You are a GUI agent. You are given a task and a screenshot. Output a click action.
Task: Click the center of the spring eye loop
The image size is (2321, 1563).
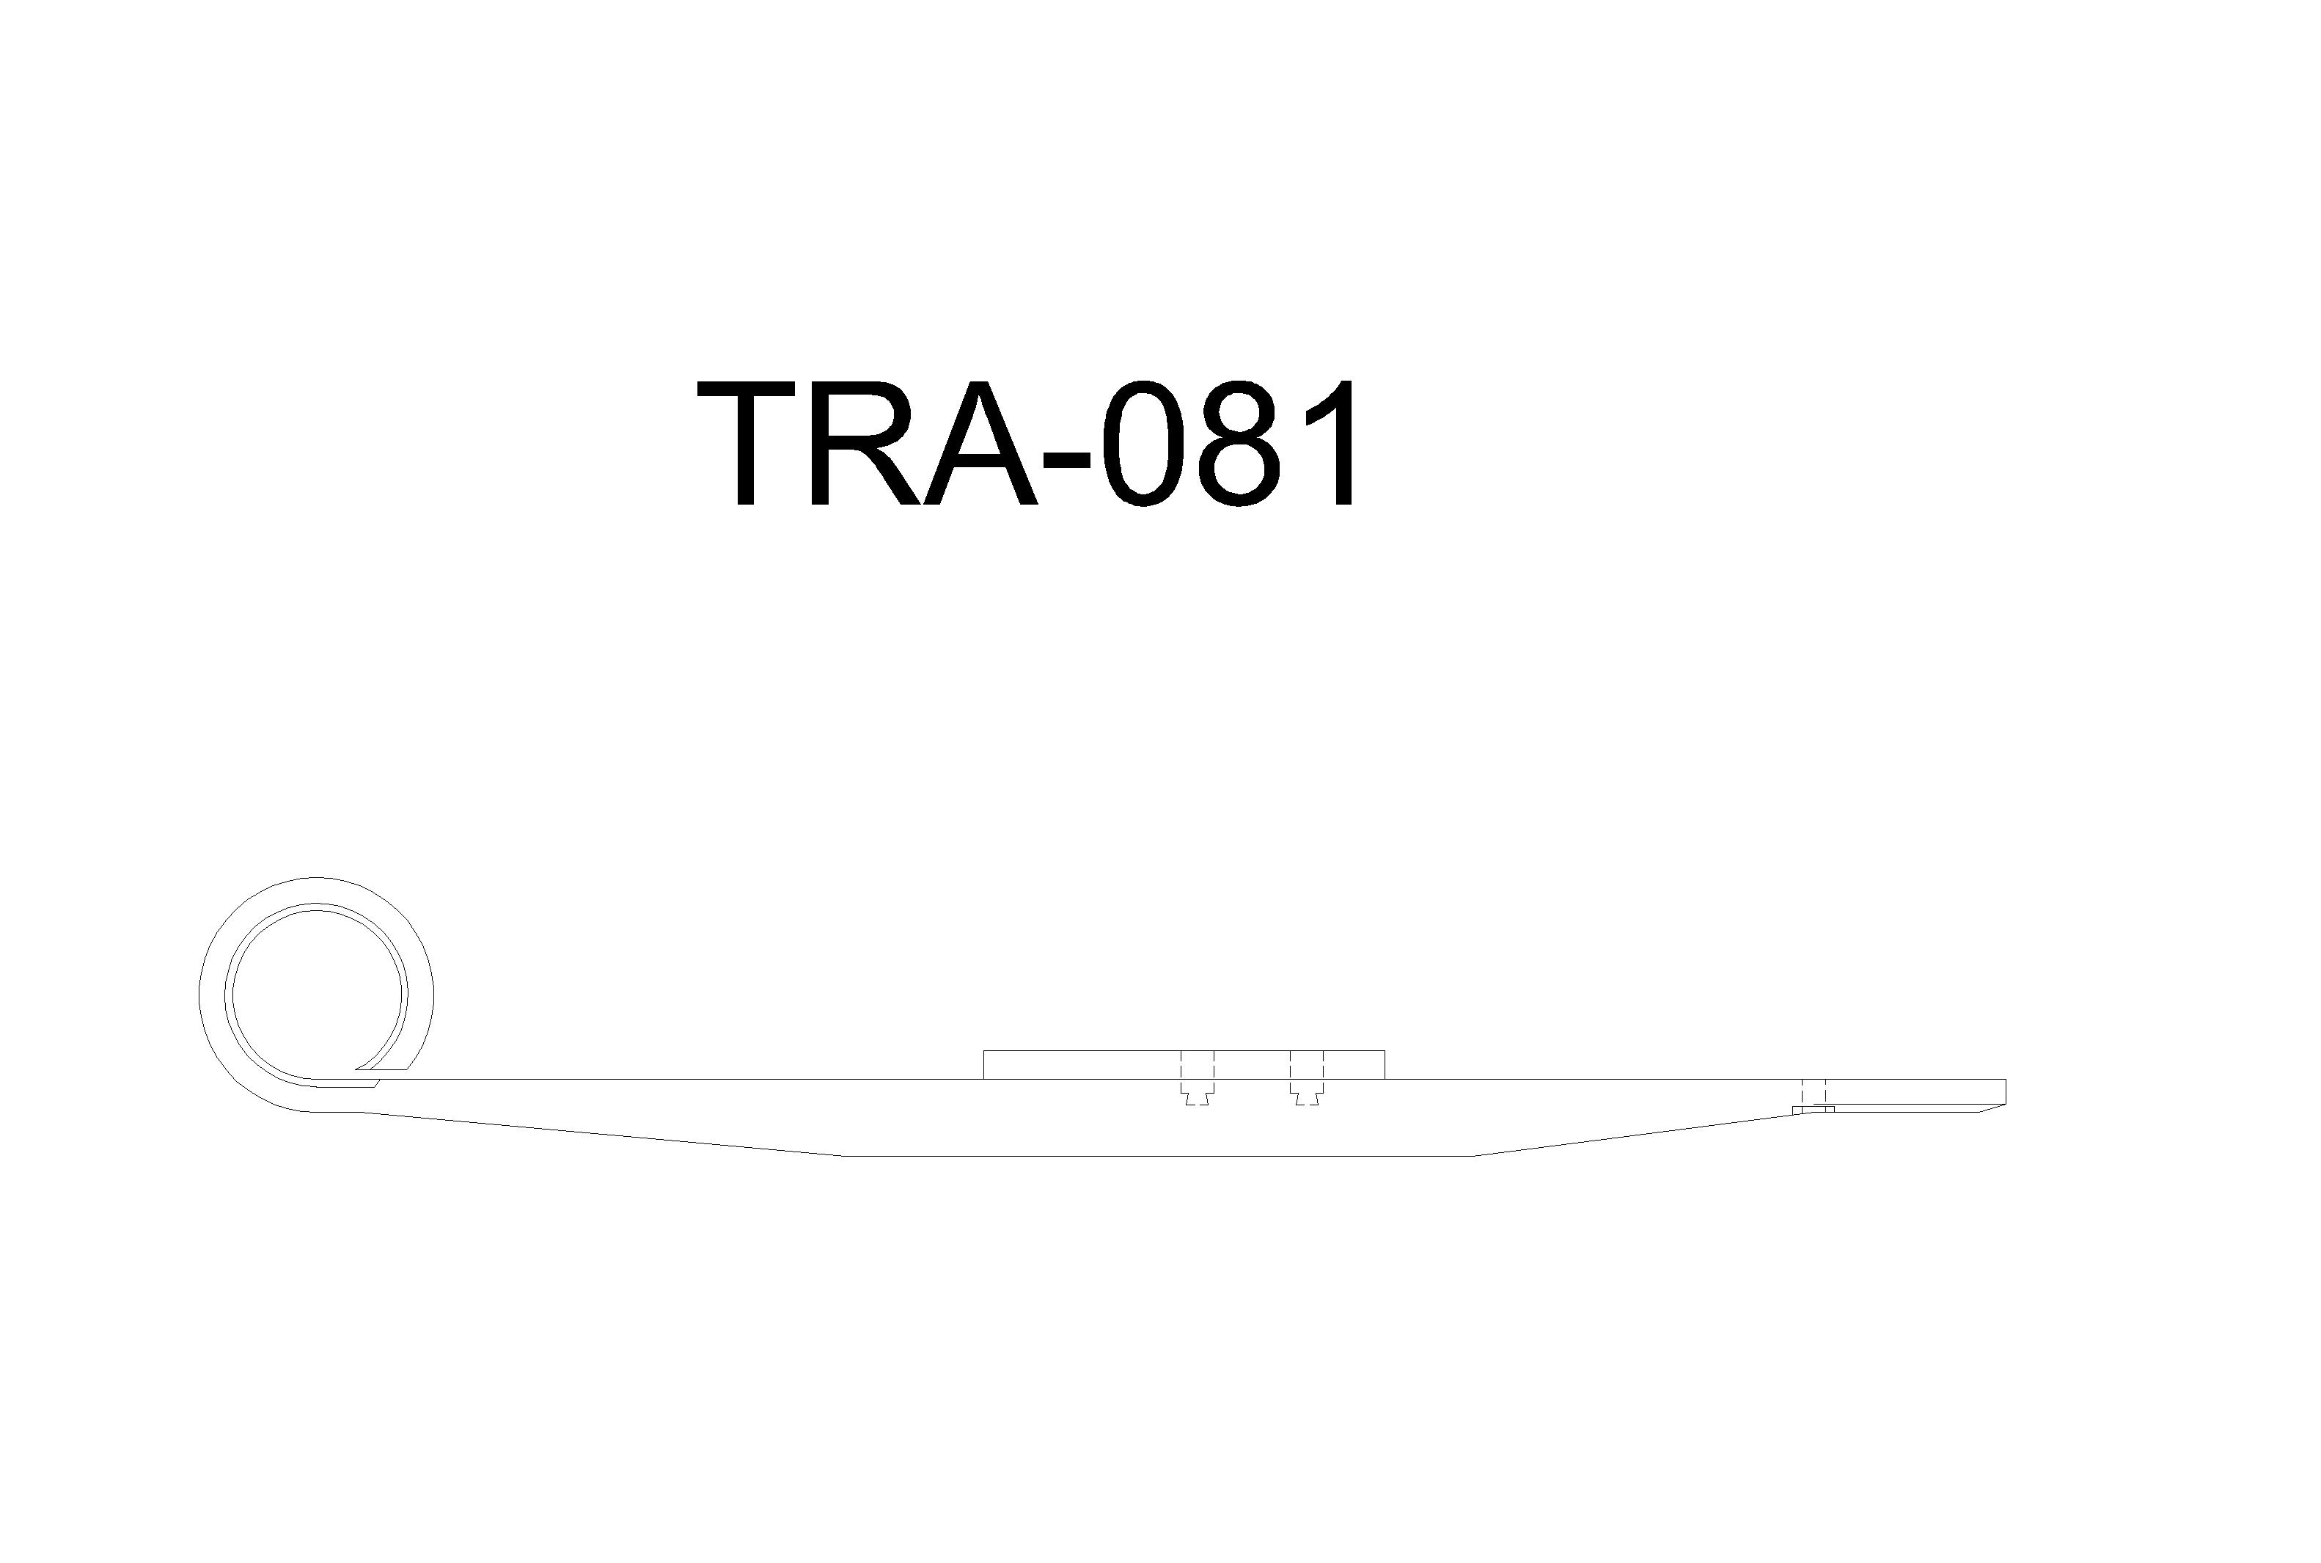[x=316, y=994]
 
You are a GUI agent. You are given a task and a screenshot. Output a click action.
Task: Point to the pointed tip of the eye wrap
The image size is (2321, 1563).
[x=358, y=1069]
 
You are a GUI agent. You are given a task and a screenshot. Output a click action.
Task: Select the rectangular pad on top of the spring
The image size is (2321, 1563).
[x=1184, y=1064]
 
